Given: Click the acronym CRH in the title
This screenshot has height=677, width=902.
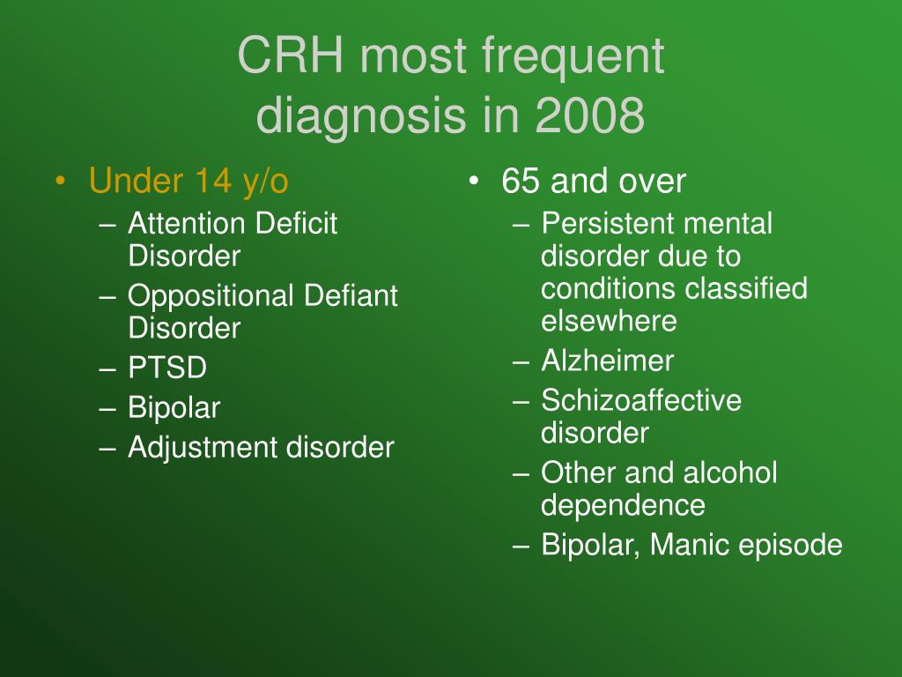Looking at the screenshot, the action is point(291,56).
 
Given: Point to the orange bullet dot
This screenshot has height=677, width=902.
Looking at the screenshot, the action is point(60,182).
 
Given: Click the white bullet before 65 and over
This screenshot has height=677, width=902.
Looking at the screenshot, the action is point(473,182).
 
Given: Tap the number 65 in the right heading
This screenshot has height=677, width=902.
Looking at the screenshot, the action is point(520,181).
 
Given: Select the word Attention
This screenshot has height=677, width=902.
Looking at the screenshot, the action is point(187,223).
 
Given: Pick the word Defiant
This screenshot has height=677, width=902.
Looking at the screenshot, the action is point(351,295).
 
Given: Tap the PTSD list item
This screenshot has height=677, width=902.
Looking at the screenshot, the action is point(167,368).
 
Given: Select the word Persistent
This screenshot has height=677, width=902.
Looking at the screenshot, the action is point(609,223).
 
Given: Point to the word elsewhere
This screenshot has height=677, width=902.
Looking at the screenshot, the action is point(609,321).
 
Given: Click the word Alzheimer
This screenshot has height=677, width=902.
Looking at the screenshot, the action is point(608,361).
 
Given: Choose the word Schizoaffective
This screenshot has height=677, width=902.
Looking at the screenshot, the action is point(641,401).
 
